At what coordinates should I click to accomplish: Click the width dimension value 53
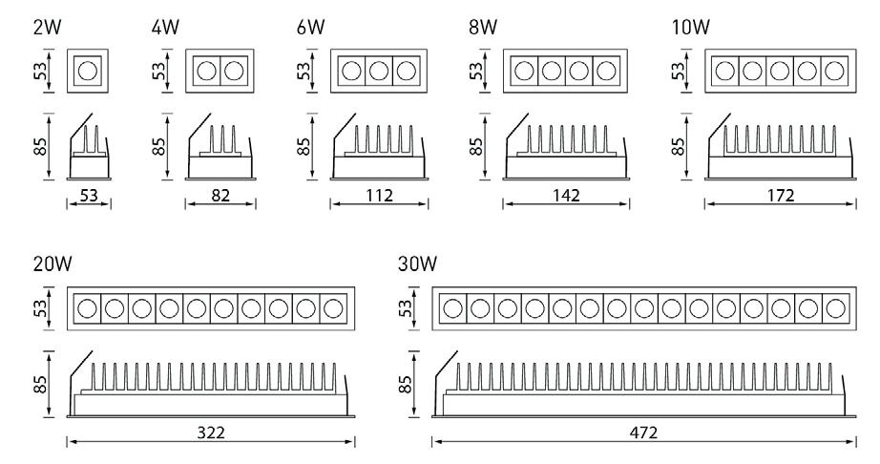tap(88, 197)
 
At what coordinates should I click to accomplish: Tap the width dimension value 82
tap(220, 197)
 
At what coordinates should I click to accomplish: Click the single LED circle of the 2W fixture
tap(88, 71)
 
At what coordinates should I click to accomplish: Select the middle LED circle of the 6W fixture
tap(379, 71)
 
